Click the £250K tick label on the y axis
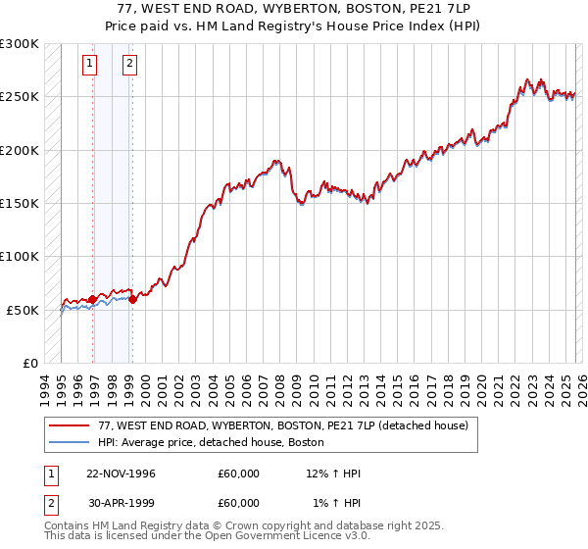[20, 97]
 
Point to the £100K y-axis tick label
[20, 256]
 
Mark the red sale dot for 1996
[93, 299]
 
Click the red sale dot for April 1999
[133, 299]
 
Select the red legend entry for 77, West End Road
[283, 425]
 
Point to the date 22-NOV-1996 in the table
[121, 474]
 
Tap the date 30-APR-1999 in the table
[121, 503]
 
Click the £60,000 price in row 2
[238, 503]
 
